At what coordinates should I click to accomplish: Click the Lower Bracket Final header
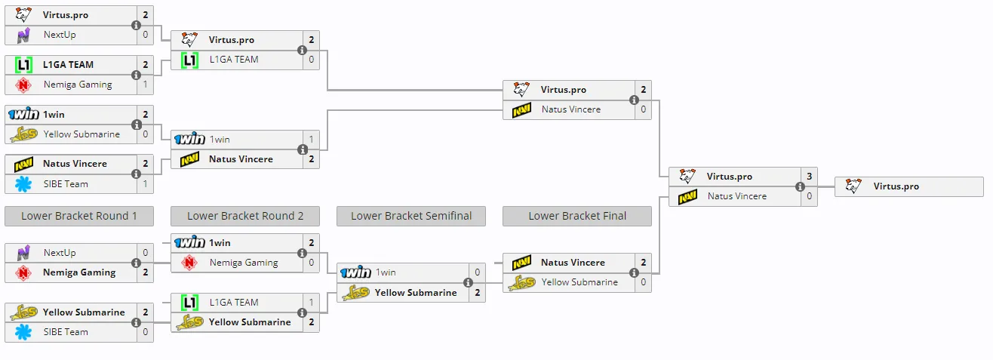tap(577, 216)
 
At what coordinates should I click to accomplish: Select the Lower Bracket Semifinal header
tap(411, 216)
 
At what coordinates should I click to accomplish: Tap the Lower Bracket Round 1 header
tap(79, 216)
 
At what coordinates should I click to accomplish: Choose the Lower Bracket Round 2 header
tap(245, 216)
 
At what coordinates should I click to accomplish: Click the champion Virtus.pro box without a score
tap(908, 186)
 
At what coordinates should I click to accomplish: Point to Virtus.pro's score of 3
tap(809, 177)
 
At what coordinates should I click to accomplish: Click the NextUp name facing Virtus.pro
tap(60, 35)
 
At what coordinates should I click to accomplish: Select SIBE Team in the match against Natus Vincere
tap(66, 184)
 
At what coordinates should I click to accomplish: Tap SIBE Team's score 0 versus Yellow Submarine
tap(146, 332)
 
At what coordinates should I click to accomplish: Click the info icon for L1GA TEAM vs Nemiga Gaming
tap(136, 75)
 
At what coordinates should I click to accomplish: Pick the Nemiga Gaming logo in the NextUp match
tap(23, 272)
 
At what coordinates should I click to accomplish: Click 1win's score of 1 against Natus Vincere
tap(311, 139)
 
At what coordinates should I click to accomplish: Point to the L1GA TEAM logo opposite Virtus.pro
tap(189, 60)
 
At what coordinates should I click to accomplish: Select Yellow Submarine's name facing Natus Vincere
tap(580, 282)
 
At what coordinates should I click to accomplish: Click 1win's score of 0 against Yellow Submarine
tap(477, 272)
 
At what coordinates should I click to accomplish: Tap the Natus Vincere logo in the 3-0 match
tap(687, 196)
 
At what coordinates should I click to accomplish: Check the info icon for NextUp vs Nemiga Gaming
tap(136, 263)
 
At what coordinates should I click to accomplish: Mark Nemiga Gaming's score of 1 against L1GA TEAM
tap(146, 85)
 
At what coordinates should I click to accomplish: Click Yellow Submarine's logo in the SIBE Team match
tap(23, 312)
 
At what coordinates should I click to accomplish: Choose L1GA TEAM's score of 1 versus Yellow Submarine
tap(311, 303)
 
